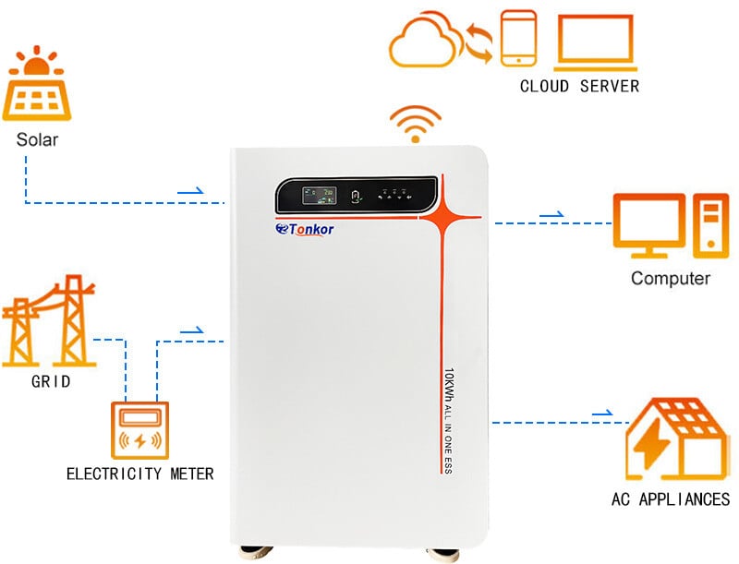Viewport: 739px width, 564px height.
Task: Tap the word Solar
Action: tap(37, 140)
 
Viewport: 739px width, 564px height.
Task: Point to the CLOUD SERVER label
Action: tap(579, 87)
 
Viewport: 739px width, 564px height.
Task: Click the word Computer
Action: tap(671, 278)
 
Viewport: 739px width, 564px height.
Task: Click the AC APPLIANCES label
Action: tap(671, 499)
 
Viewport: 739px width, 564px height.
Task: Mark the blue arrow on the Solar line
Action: tap(190, 190)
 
